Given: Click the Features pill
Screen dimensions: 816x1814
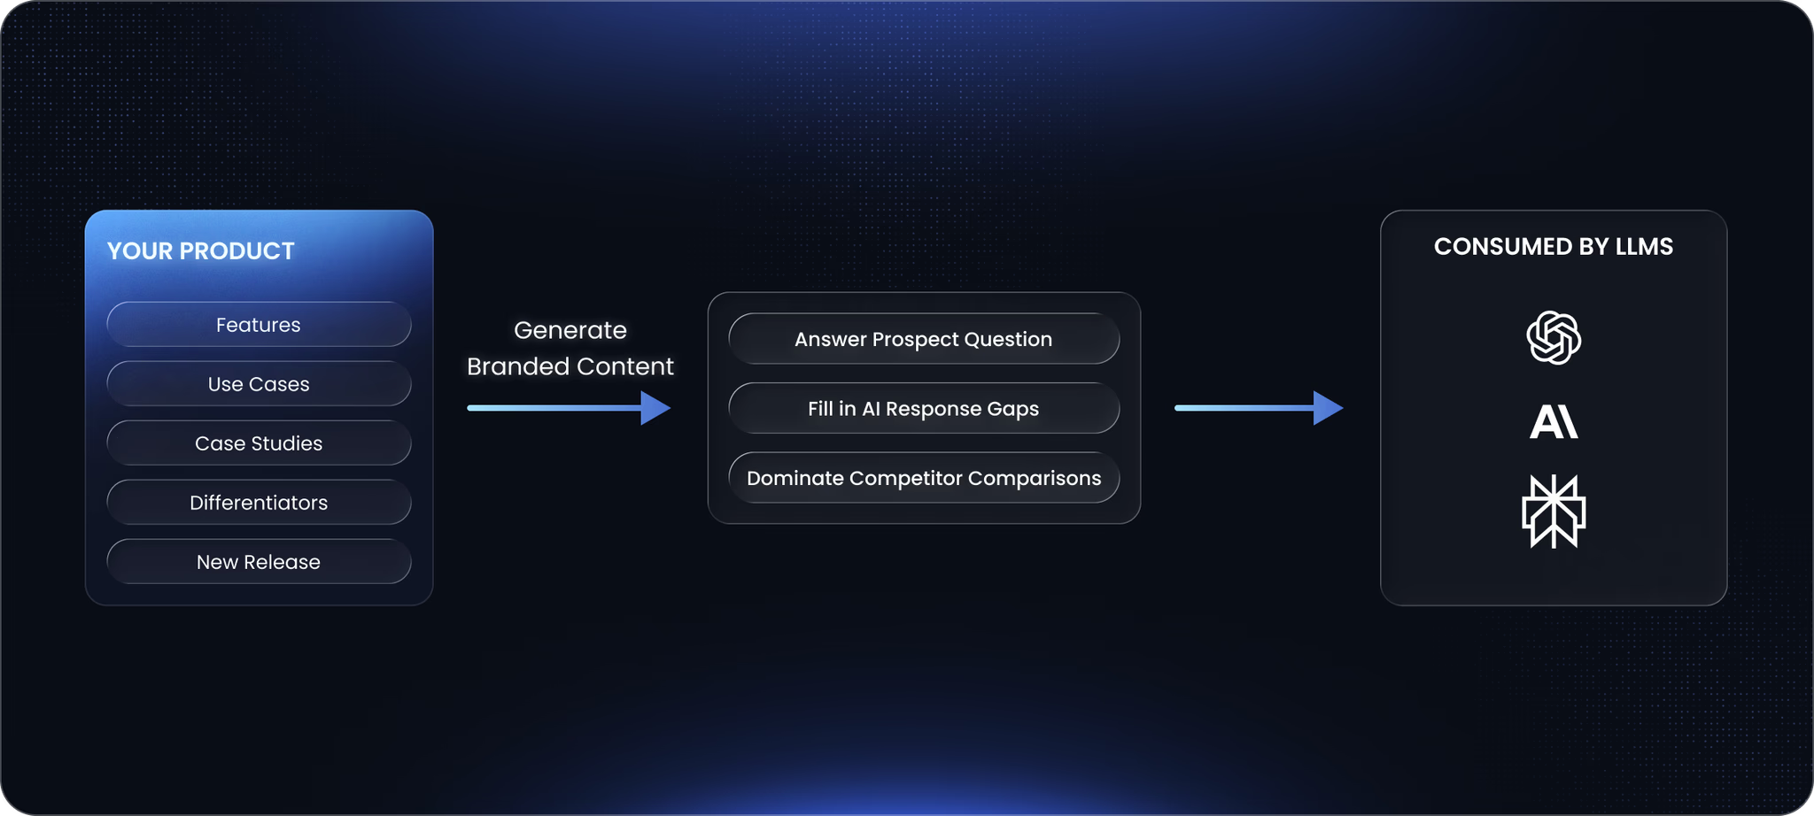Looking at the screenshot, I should [259, 325].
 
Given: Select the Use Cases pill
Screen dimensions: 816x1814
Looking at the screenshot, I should [259, 384].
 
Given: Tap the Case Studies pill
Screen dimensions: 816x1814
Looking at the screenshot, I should [259, 443].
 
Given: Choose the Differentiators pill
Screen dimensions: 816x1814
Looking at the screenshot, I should [259, 503].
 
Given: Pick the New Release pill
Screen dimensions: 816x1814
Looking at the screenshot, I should [259, 562].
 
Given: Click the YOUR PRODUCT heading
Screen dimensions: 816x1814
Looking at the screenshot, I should [201, 251].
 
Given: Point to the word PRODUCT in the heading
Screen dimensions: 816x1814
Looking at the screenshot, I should [236, 251].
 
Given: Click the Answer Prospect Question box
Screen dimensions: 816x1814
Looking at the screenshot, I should [924, 339].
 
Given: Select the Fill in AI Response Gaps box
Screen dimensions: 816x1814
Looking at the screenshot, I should [924, 409].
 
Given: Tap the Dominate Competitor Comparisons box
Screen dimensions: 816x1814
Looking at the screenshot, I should [924, 478].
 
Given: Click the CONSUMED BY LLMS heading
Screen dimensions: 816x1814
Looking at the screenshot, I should [1554, 247].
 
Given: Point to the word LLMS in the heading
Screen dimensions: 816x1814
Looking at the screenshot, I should [1644, 247].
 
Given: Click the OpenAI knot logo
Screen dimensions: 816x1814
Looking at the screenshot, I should [1554, 337].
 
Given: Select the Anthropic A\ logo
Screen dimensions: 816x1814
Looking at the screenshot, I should [1554, 421].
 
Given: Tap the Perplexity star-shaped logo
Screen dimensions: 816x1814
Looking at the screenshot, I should [1554, 512].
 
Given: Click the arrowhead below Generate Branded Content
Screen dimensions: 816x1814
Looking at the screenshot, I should [655, 408].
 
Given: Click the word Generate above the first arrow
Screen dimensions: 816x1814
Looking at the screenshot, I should [570, 330].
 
